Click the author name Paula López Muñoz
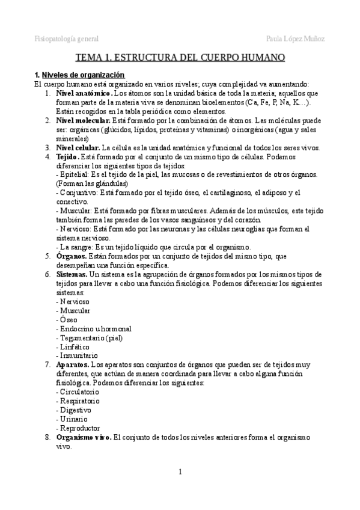pos(295,39)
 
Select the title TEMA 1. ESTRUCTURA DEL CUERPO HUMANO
pos(180,58)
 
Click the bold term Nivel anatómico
pos(84,94)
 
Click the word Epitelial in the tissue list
pos(72,174)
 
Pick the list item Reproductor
pos(79,428)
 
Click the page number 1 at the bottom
pos(180,471)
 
